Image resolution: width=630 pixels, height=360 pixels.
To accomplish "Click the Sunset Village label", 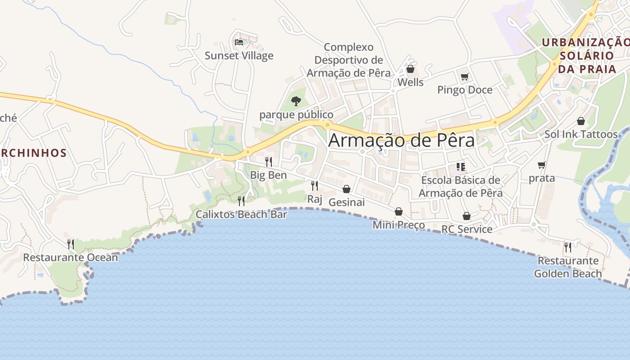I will [239, 56].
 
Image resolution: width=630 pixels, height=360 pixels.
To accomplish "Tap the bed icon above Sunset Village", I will [239, 42].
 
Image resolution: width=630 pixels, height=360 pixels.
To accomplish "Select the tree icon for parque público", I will [296, 101].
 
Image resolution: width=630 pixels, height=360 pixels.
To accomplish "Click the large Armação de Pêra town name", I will [401, 140].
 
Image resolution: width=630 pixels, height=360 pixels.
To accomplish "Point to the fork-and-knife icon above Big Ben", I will [268, 162].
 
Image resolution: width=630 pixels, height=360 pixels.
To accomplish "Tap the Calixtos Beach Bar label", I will [241, 214].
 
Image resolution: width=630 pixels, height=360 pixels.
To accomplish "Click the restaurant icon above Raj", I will [315, 185].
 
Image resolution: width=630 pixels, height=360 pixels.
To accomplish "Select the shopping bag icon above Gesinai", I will [346, 189].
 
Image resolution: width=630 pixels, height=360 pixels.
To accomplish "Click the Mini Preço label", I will [399, 225].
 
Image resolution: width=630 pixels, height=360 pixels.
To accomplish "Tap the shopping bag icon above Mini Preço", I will [399, 211].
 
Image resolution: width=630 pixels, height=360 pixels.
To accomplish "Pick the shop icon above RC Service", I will [467, 216].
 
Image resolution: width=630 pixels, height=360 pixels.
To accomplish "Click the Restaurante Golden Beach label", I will [568, 267].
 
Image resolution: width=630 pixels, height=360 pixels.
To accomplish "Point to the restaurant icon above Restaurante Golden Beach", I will [568, 247].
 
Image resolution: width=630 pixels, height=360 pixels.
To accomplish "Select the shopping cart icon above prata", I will [542, 165].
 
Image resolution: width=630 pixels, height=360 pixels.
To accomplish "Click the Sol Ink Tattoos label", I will [581, 134].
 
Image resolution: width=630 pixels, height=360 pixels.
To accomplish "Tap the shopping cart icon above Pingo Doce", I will [464, 76].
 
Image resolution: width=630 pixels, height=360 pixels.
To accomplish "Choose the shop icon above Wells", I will [410, 69].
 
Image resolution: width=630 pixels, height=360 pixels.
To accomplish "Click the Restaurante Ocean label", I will [70, 257].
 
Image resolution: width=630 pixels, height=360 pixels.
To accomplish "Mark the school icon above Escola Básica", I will [460, 167].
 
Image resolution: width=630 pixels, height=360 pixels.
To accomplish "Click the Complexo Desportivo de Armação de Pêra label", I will [349, 60].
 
